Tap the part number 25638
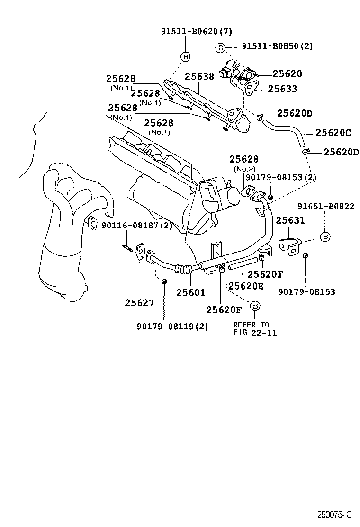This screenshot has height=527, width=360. [199, 76]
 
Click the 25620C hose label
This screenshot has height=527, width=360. [333, 134]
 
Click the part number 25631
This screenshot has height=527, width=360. [290, 220]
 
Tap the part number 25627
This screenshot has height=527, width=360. [140, 303]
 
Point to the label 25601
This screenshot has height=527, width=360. [191, 292]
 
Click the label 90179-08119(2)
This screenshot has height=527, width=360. [172, 326]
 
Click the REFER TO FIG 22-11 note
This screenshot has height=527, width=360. [255, 328]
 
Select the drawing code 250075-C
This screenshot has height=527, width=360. [335, 514]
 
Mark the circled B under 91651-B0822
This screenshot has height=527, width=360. [326, 236]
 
